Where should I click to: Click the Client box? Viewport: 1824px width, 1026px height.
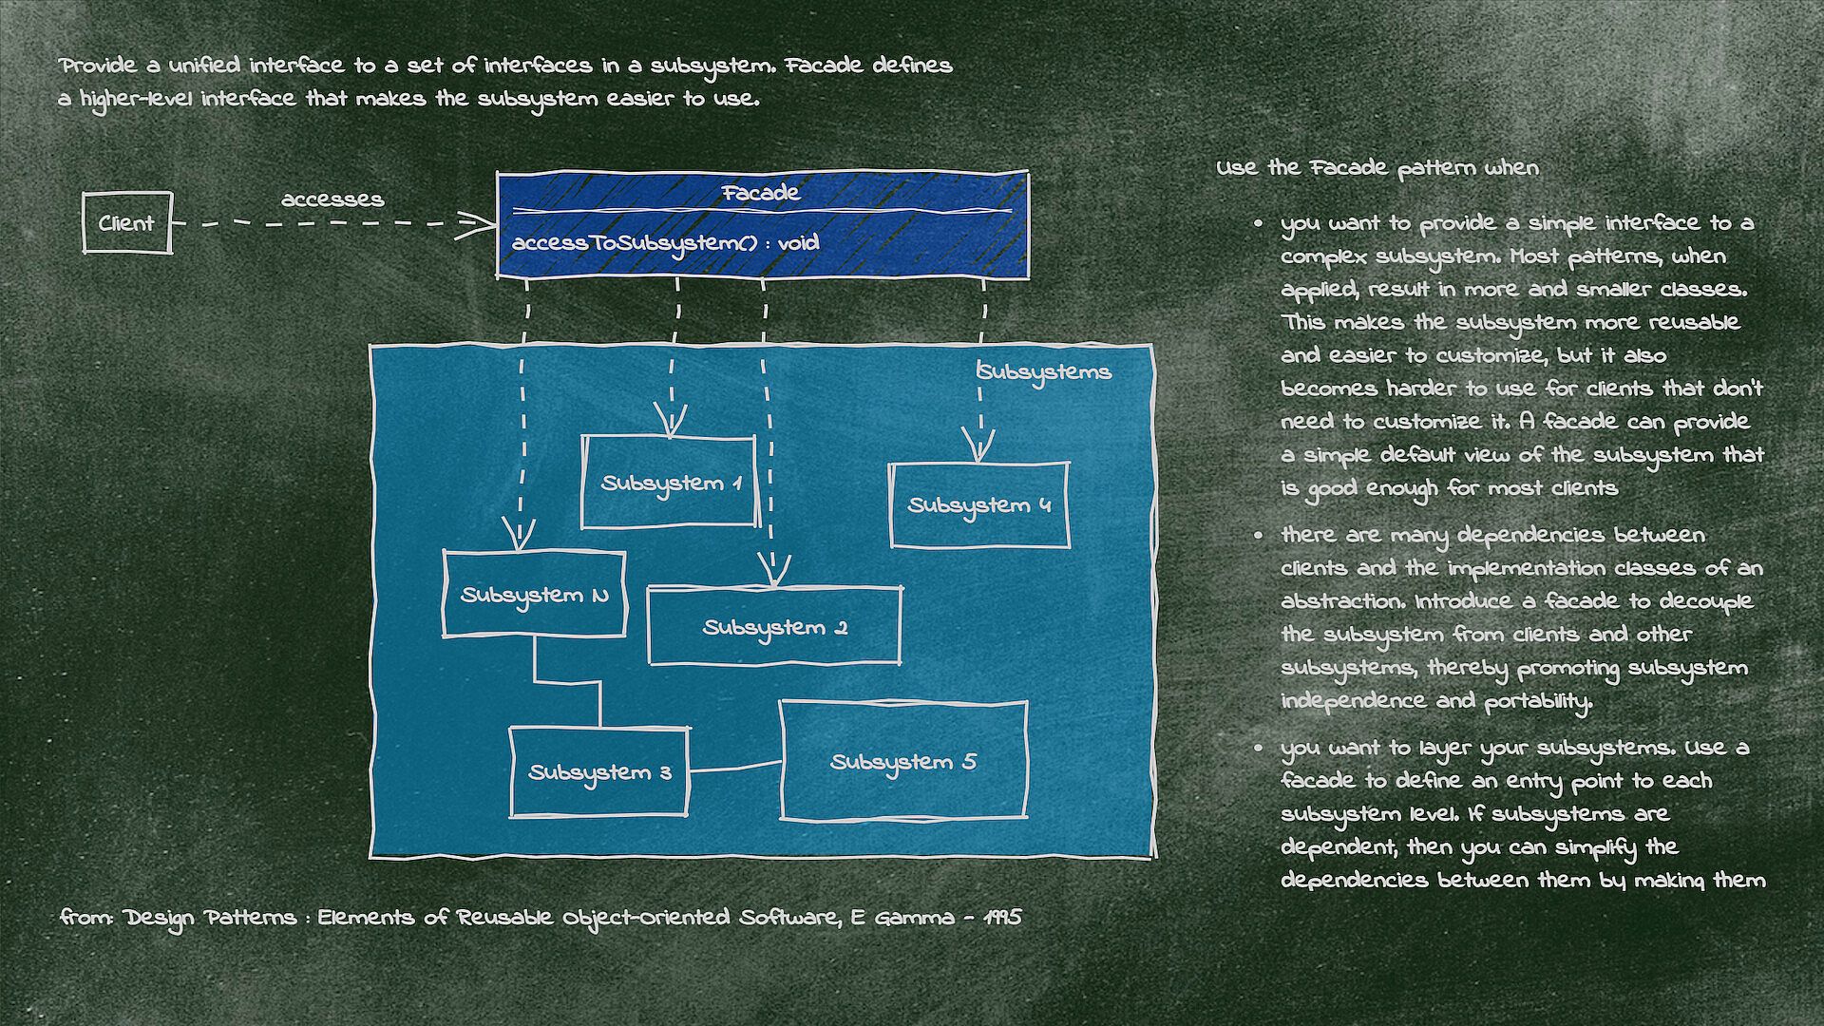click(x=126, y=223)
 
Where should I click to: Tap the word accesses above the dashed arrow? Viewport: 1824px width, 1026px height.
click(x=332, y=199)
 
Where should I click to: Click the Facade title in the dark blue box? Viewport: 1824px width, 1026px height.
click(x=761, y=193)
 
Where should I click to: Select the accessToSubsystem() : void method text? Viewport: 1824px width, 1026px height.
click(x=665, y=243)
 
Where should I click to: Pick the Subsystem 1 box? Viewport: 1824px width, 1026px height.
click(x=669, y=483)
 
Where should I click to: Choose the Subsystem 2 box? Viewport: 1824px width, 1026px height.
click(x=774, y=627)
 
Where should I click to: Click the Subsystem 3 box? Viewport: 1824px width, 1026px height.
click(x=599, y=772)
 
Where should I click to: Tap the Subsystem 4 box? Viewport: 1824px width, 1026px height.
click(x=979, y=505)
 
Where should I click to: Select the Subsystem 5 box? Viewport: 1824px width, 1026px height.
click(x=903, y=762)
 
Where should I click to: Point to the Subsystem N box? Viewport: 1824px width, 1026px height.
click(x=534, y=596)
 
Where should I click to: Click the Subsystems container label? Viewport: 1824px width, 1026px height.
click(x=1045, y=371)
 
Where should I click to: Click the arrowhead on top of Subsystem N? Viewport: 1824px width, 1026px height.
click(x=519, y=537)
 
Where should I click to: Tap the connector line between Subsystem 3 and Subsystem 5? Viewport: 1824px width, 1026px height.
click(x=734, y=768)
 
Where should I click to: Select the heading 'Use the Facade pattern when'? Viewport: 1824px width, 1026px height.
click(x=1377, y=168)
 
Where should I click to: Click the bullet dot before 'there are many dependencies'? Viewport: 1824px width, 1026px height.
click(x=1259, y=536)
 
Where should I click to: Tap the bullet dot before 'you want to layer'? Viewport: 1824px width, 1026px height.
click(x=1259, y=749)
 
